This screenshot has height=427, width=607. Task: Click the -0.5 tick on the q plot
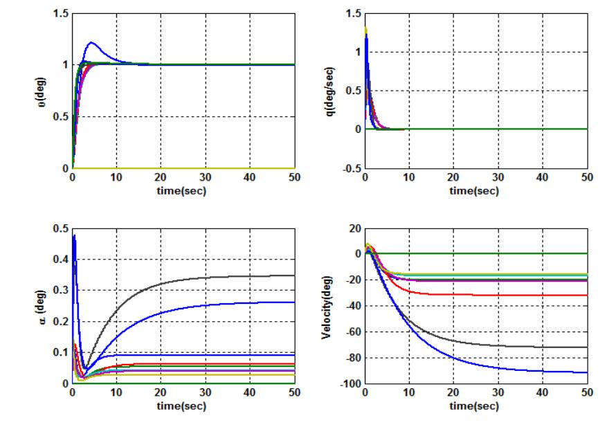point(351,168)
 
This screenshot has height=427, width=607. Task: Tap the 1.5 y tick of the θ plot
point(60,14)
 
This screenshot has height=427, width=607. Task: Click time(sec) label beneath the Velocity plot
point(475,404)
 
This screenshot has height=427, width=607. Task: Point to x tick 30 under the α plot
point(206,393)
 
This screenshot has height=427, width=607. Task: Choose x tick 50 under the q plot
point(586,178)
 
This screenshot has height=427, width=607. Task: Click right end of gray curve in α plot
point(294,275)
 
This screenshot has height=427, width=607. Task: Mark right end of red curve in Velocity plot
point(586,296)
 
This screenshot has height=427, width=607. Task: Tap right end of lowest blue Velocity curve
point(586,372)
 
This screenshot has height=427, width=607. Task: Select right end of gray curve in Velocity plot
point(586,347)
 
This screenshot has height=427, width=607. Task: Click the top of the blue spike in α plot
point(74,236)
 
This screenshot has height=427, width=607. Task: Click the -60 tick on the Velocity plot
point(350,331)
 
